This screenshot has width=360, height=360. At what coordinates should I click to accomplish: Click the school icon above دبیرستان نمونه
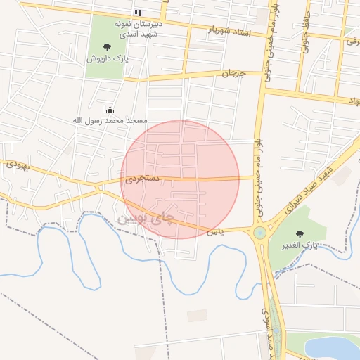tap(138, 13)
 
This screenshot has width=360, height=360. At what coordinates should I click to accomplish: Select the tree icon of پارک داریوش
tap(107, 47)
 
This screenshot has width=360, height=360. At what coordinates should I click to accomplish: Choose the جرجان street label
tap(233, 73)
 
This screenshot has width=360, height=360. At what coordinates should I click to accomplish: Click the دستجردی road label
tap(143, 180)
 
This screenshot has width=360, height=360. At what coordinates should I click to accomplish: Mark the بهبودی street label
tap(15, 166)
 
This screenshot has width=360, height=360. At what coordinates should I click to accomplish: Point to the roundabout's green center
tap(260, 232)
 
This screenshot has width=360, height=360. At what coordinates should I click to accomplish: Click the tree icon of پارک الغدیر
tap(302, 233)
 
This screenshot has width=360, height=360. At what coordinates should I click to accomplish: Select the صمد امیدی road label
tap(265, 330)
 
